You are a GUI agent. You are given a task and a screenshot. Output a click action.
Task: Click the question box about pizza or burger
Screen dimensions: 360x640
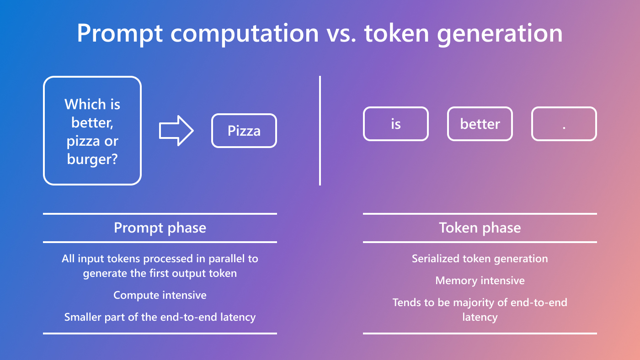[x=92, y=131]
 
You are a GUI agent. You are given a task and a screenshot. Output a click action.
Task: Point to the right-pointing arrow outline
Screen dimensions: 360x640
[x=176, y=131]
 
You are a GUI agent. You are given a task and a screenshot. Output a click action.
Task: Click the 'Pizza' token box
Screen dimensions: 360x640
[x=244, y=131]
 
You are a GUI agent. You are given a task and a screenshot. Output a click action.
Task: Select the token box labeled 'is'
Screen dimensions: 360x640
[x=396, y=124]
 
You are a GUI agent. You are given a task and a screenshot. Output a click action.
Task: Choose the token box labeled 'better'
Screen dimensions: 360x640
[x=480, y=124]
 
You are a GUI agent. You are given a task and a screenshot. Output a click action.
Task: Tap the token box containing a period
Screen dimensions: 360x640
[x=564, y=124]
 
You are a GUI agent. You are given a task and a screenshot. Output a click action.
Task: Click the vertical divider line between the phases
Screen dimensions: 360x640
[x=320, y=131]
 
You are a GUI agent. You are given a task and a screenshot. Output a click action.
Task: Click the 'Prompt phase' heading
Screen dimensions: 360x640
[x=160, y=228]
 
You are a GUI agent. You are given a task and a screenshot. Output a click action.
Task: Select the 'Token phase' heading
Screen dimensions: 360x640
[x=480, y=228]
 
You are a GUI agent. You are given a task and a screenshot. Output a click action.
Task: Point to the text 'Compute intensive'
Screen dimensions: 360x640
[x=160, y=295]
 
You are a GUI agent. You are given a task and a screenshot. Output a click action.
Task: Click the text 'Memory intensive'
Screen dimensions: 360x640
[x=480, y=281]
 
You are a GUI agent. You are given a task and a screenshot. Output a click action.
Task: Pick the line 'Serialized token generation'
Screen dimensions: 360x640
[x=480, y=259]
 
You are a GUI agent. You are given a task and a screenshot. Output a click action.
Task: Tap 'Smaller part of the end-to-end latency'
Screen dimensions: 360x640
[x=160, y=317]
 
